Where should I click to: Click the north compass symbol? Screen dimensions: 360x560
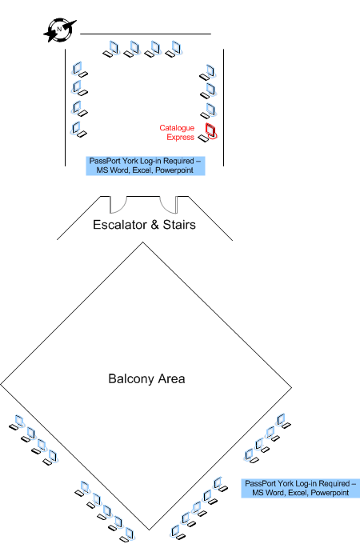click(x=60, y=30)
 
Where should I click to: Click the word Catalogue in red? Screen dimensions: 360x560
click(x=177, y=128)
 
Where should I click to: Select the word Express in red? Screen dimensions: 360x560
click(x=180, y=137)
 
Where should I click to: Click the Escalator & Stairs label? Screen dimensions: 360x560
click(x=144, y=225)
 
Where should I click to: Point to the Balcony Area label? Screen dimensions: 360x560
click(x=146, y=378)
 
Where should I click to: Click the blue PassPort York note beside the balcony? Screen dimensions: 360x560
click(x=300, y=488)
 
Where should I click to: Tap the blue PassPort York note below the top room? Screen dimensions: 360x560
click(x=146, y=166)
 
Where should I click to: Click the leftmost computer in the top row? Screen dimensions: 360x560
click(x=111, y=49)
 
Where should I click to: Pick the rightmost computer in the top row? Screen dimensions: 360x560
click(x=174, y=49)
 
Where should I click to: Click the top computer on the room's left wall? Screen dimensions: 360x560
click(x=79, y=70)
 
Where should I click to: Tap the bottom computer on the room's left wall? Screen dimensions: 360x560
click(x=79, y=130)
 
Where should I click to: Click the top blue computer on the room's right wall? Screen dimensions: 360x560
click(x=208, y=73)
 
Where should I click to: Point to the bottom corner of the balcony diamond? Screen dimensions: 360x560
click(x=150, y=530)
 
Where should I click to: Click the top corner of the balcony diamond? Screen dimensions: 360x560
click(x=143, y=242)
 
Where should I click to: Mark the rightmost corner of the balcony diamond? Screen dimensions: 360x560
click(x=292, y=387)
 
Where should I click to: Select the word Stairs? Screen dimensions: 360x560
click(x=179, y=225)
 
